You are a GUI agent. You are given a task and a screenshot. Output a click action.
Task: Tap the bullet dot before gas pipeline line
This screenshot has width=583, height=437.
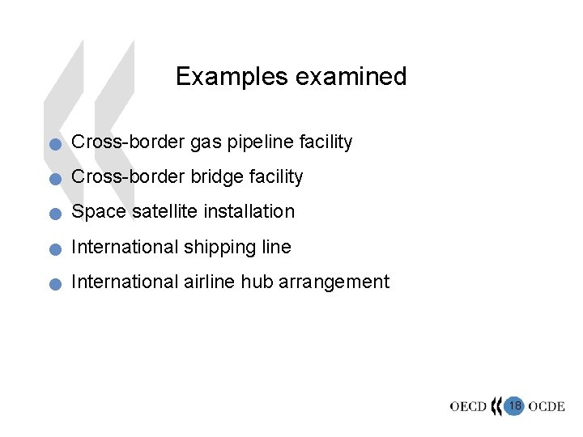click(x=53, y=146)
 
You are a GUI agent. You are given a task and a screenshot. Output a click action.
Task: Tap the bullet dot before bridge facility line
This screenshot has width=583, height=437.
click(x=53, y=180)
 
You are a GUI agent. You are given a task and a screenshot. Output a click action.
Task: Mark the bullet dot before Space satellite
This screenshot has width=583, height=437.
click(x=53, y=215)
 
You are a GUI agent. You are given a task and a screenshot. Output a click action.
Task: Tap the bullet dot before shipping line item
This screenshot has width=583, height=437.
click(x=53, y=250)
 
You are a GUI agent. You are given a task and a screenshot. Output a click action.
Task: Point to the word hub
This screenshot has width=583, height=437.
click(x=257, y=282)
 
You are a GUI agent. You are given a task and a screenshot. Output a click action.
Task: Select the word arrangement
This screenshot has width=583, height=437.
click(x=334, y=282)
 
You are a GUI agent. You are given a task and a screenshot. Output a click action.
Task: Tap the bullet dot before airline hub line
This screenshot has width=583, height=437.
click(x=53, y=285)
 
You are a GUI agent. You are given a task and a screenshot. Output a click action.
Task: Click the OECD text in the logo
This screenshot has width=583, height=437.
click(x=469, y=406)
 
